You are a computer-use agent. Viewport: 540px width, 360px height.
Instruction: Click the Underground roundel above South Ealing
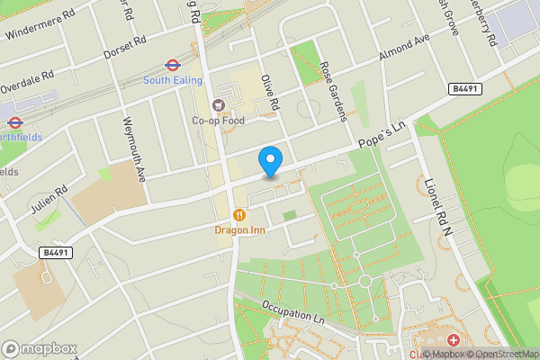click(170, 65)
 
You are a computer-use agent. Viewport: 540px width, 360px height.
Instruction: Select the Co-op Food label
click(218, 120)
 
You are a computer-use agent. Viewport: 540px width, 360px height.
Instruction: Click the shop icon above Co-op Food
click(218, 105)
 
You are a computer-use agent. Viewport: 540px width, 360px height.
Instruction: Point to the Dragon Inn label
click(238, 229)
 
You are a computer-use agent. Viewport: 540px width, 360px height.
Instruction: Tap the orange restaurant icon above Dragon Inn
click(238, 215)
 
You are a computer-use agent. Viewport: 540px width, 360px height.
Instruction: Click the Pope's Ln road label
click(383, 135)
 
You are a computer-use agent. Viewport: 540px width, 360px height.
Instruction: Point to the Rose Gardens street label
click(332, 93)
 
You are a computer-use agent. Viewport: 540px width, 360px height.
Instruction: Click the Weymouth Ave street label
click(134, 150)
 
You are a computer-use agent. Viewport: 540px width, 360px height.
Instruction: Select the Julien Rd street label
click(50, 200)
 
